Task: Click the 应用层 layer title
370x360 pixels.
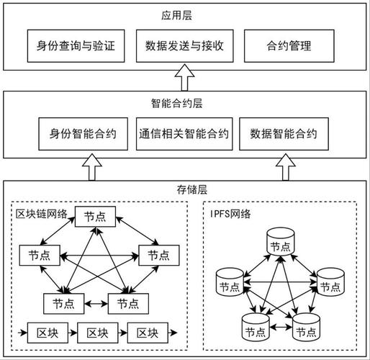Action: pyautogui.click(x=184, y=14)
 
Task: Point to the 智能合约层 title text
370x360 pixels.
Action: pyautogui.click(x=184, y=103)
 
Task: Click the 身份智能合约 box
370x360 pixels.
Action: pyautogui.click(x=84, y=134)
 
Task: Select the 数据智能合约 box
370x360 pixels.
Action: pyautogui.click(x=284, y=134)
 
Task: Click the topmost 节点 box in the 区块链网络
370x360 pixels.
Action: pyautogui.click(x=94, y=216)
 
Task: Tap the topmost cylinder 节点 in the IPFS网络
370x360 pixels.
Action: pyautogui.click(x=281, y=243)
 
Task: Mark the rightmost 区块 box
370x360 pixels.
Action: pyautogui.click(x=147, y=333)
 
